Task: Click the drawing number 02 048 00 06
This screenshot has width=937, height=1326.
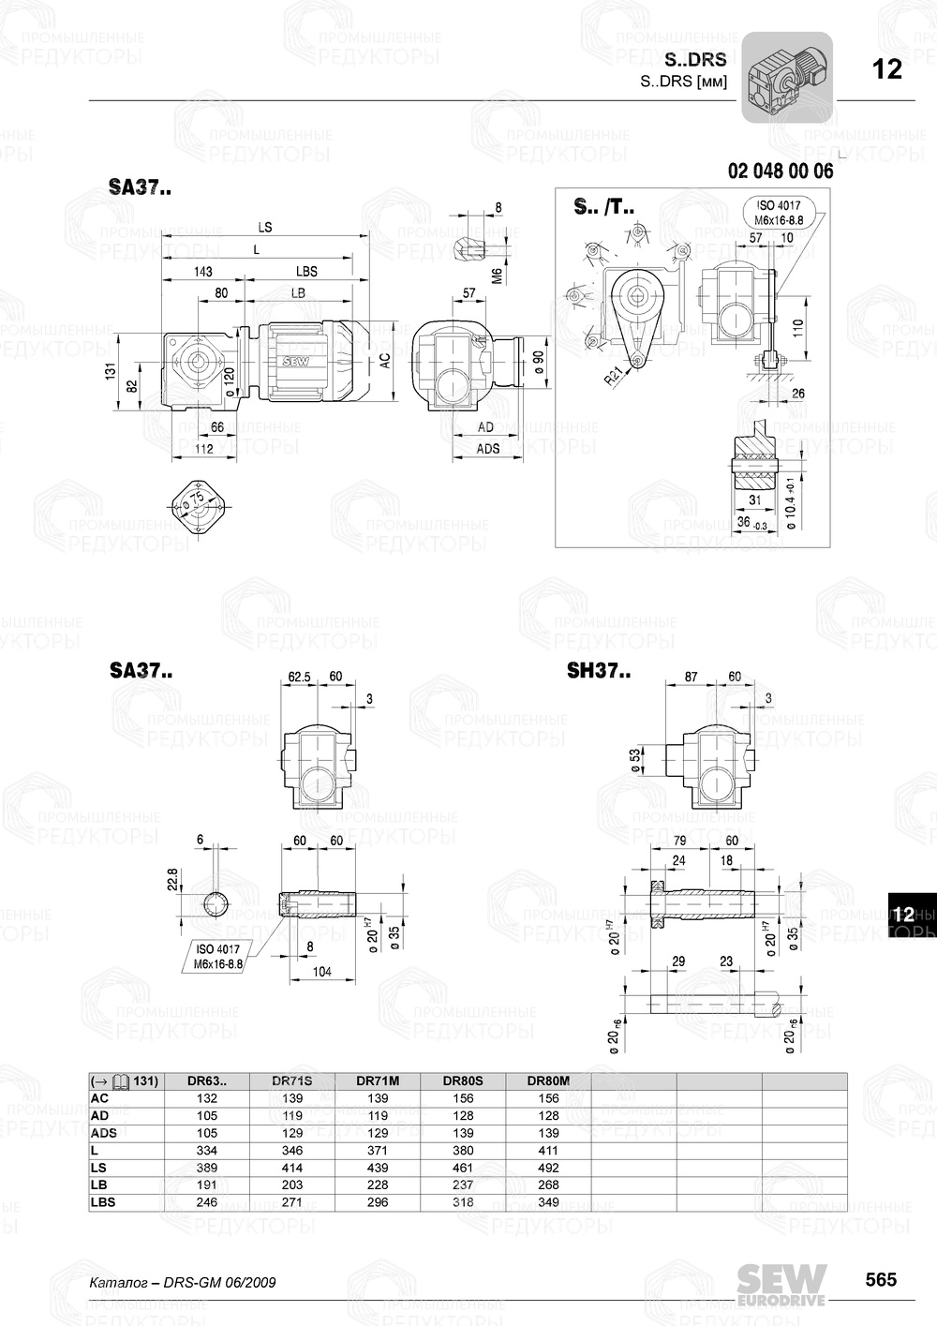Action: pos(780,171)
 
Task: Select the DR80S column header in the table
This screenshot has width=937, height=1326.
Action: pos(463,1080)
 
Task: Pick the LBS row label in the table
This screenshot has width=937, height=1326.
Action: pos(104,1202)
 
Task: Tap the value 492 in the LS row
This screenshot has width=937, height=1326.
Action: pos(548,1168)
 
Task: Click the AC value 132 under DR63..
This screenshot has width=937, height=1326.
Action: pos(207,1098)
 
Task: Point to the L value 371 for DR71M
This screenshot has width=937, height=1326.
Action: pos(378,1151)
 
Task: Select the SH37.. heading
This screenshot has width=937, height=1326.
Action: pos(599,671)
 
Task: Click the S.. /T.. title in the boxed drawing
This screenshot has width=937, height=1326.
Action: pos(603,207)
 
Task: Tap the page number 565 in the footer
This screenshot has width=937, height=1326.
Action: pos(880,1280)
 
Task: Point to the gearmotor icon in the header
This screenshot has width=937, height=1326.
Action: pos(787,78)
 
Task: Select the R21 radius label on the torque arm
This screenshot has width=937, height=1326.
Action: pos(613,377)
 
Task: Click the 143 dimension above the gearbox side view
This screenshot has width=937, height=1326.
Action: pos(201,272)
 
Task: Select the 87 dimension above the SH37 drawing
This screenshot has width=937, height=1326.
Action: pos(692,676)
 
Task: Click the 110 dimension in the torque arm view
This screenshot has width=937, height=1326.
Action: pos(797,329)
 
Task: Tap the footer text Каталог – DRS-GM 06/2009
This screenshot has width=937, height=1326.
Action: pos(182,1282)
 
